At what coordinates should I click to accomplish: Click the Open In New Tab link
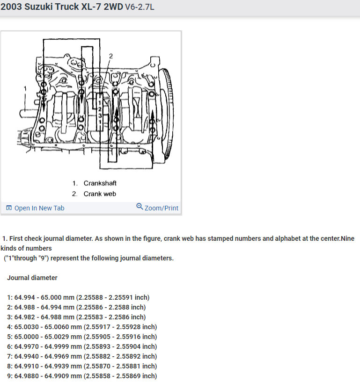click(39, 208)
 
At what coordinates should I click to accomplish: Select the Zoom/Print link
click(162, 208)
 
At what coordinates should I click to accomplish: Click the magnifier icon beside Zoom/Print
click(140, 207)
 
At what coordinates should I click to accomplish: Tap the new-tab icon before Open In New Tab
click(9, 208)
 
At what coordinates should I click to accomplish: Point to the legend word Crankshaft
click(100, 183)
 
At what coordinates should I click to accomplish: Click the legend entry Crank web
click(100, 194)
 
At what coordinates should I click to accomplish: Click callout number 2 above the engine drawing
click(111, 56)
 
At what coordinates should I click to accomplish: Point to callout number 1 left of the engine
click(25, 88)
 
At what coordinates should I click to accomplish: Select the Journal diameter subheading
click(32, 278)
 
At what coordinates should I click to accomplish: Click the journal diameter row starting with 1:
click(78, 297)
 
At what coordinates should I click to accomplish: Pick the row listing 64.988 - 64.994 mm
click(76, 307)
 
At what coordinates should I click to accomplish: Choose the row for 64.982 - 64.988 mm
click(76, 317)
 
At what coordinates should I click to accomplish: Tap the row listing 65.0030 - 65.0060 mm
click(82, 327)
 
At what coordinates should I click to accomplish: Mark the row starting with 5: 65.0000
click(82, 337)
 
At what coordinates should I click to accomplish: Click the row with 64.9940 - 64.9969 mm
click(82, 356)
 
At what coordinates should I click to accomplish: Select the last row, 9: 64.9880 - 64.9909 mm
click(82, 376)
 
